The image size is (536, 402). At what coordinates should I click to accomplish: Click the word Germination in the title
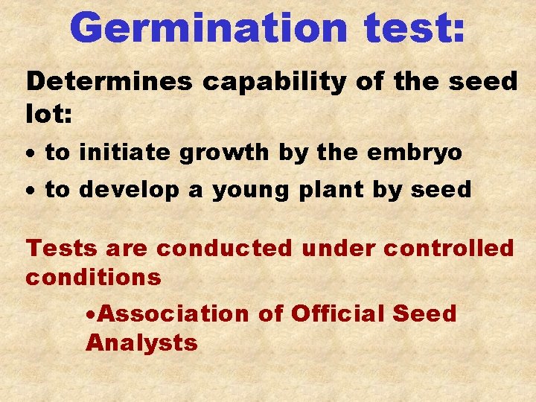point(209,28)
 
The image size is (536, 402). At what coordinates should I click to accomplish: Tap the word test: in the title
point(415,28)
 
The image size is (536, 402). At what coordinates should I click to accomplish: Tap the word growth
point(232,153)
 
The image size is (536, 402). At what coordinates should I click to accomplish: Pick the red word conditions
point(93,278)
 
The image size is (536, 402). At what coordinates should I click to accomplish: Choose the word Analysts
point(141,343)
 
